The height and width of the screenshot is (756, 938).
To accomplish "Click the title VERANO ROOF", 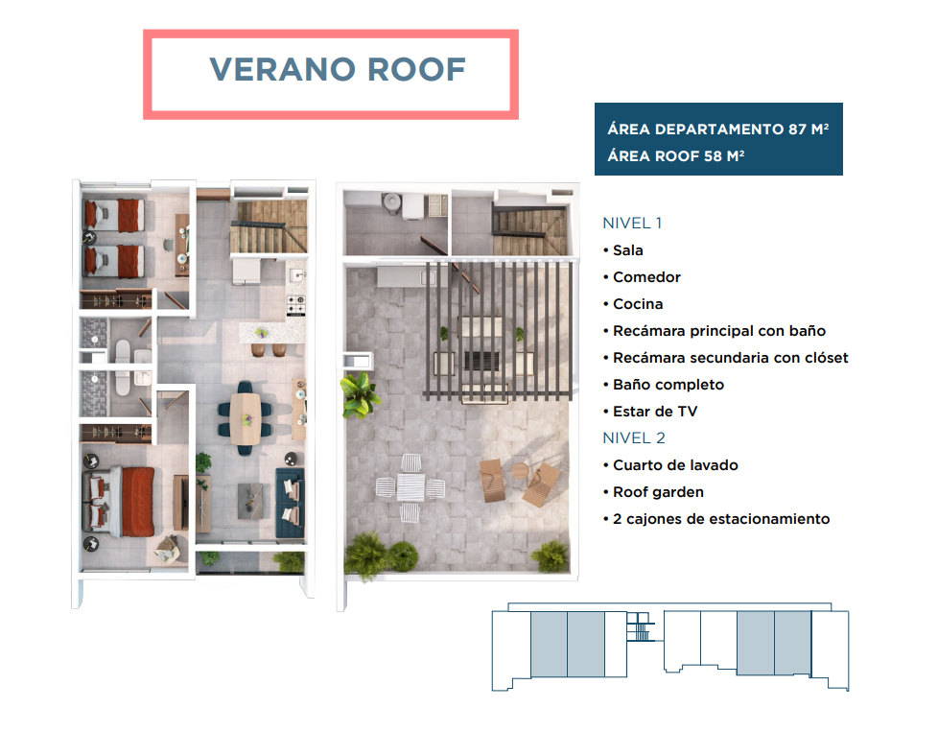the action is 338,69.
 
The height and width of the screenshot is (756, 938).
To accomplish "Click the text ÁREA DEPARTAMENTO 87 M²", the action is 717,130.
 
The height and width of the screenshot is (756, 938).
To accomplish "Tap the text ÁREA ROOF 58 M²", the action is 676,156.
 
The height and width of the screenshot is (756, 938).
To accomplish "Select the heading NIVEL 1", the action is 632,224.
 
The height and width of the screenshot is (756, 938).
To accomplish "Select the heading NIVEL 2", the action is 634,438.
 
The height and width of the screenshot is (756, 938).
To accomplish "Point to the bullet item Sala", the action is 623,250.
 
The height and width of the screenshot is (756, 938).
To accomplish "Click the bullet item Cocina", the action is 633,304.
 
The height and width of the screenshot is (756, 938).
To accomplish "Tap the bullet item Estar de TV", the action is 650,412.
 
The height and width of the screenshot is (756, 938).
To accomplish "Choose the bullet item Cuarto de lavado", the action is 670,465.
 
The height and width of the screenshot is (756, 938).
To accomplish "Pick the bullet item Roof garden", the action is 653,492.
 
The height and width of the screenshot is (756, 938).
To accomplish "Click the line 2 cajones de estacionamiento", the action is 716,519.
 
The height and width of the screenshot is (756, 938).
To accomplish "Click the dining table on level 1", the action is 246,418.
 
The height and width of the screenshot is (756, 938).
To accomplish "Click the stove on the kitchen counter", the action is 296,305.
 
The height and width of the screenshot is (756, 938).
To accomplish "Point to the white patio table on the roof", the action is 410,487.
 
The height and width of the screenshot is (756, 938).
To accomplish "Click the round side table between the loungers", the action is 521,470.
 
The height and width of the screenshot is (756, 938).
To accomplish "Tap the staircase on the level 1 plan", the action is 270,226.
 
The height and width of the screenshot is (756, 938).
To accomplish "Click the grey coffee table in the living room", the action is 250,501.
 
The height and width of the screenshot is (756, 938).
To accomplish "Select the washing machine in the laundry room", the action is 412,206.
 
